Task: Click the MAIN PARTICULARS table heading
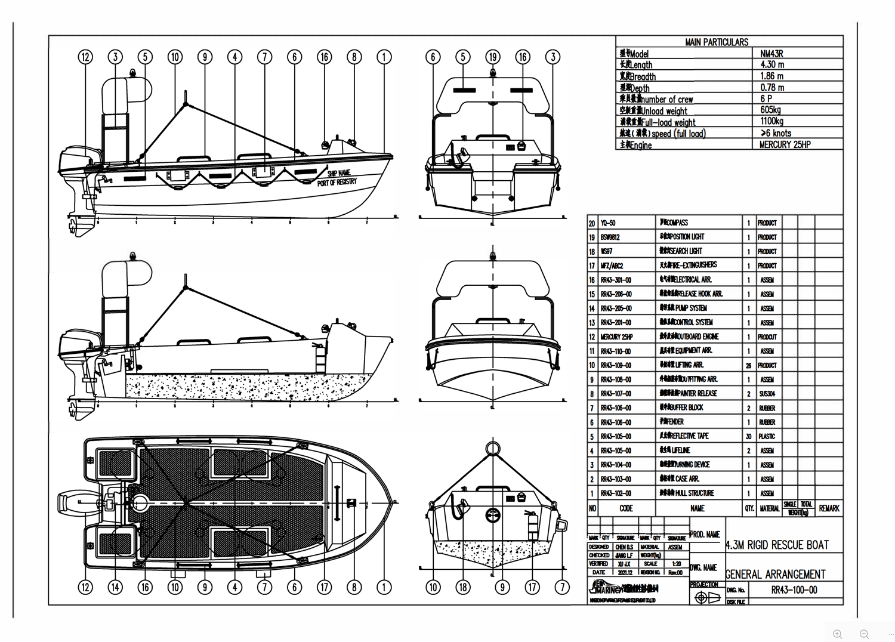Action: [716, 42]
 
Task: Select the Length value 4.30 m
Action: [772, 64]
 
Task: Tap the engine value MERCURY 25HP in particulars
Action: [785, 144]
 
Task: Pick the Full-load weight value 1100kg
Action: [771, 121]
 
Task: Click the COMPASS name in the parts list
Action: [677, 223]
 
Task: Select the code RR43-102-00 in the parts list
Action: [616, 493]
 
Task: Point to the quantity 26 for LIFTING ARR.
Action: [748, 365]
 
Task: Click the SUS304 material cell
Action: [767, 394]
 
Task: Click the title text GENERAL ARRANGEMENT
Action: [775, 575]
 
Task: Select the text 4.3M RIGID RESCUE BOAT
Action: [777, 545]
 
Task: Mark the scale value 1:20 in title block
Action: [676, 564]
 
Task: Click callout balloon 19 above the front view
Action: [493, 57]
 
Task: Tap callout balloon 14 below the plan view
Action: [115, 587]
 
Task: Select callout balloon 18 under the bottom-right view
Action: [463, 587]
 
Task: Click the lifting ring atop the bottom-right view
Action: [492, 447]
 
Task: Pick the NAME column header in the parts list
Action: [697, 508]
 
